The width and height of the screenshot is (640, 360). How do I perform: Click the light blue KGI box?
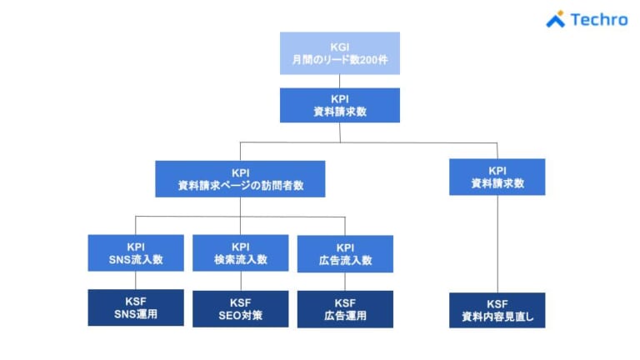[339, 53]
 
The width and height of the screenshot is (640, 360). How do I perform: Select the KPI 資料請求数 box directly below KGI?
[339, 105]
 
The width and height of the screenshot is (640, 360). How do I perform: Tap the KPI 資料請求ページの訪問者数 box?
[240, 178]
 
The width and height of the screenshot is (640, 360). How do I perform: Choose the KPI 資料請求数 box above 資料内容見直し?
[497, 177]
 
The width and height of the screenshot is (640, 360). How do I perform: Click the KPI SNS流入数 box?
[136, 253]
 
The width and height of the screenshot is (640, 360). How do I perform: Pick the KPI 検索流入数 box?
[240, 253]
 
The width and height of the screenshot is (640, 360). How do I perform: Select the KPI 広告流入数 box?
[344, 254]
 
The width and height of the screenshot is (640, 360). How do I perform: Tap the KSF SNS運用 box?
[136, 307]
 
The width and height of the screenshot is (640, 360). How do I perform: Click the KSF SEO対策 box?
[240, 308]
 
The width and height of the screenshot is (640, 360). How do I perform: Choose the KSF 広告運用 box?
[344, 309]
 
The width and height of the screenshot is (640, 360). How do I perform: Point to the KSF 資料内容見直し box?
[497, 310]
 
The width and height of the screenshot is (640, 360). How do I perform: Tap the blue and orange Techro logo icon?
[556, 19]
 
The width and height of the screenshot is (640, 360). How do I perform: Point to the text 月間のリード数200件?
[339, 60]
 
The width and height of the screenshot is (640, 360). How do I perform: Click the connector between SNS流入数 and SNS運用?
[136, 281]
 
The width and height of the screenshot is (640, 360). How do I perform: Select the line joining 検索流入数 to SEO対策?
[240, 282]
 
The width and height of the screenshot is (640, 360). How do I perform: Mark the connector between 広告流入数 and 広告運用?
[344, 282]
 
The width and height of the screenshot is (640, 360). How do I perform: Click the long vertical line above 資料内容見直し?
[497, 243]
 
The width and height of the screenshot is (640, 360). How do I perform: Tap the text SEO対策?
[240, 315]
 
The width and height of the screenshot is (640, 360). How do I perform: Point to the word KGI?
[339, 46]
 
